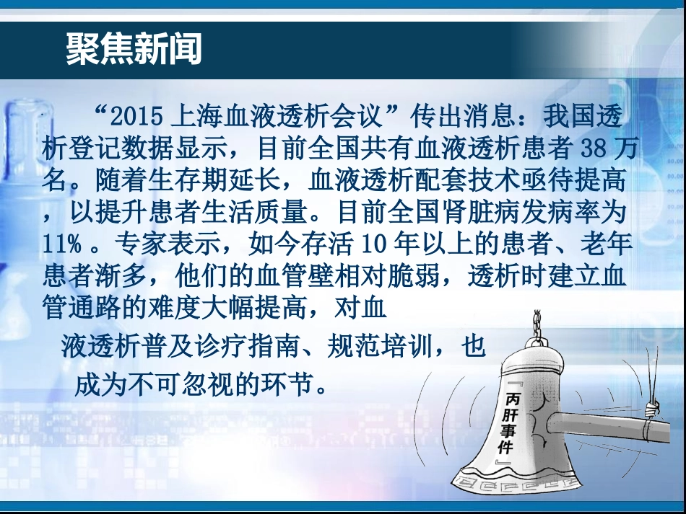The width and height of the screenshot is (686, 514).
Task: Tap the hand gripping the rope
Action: coord(653,411)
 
